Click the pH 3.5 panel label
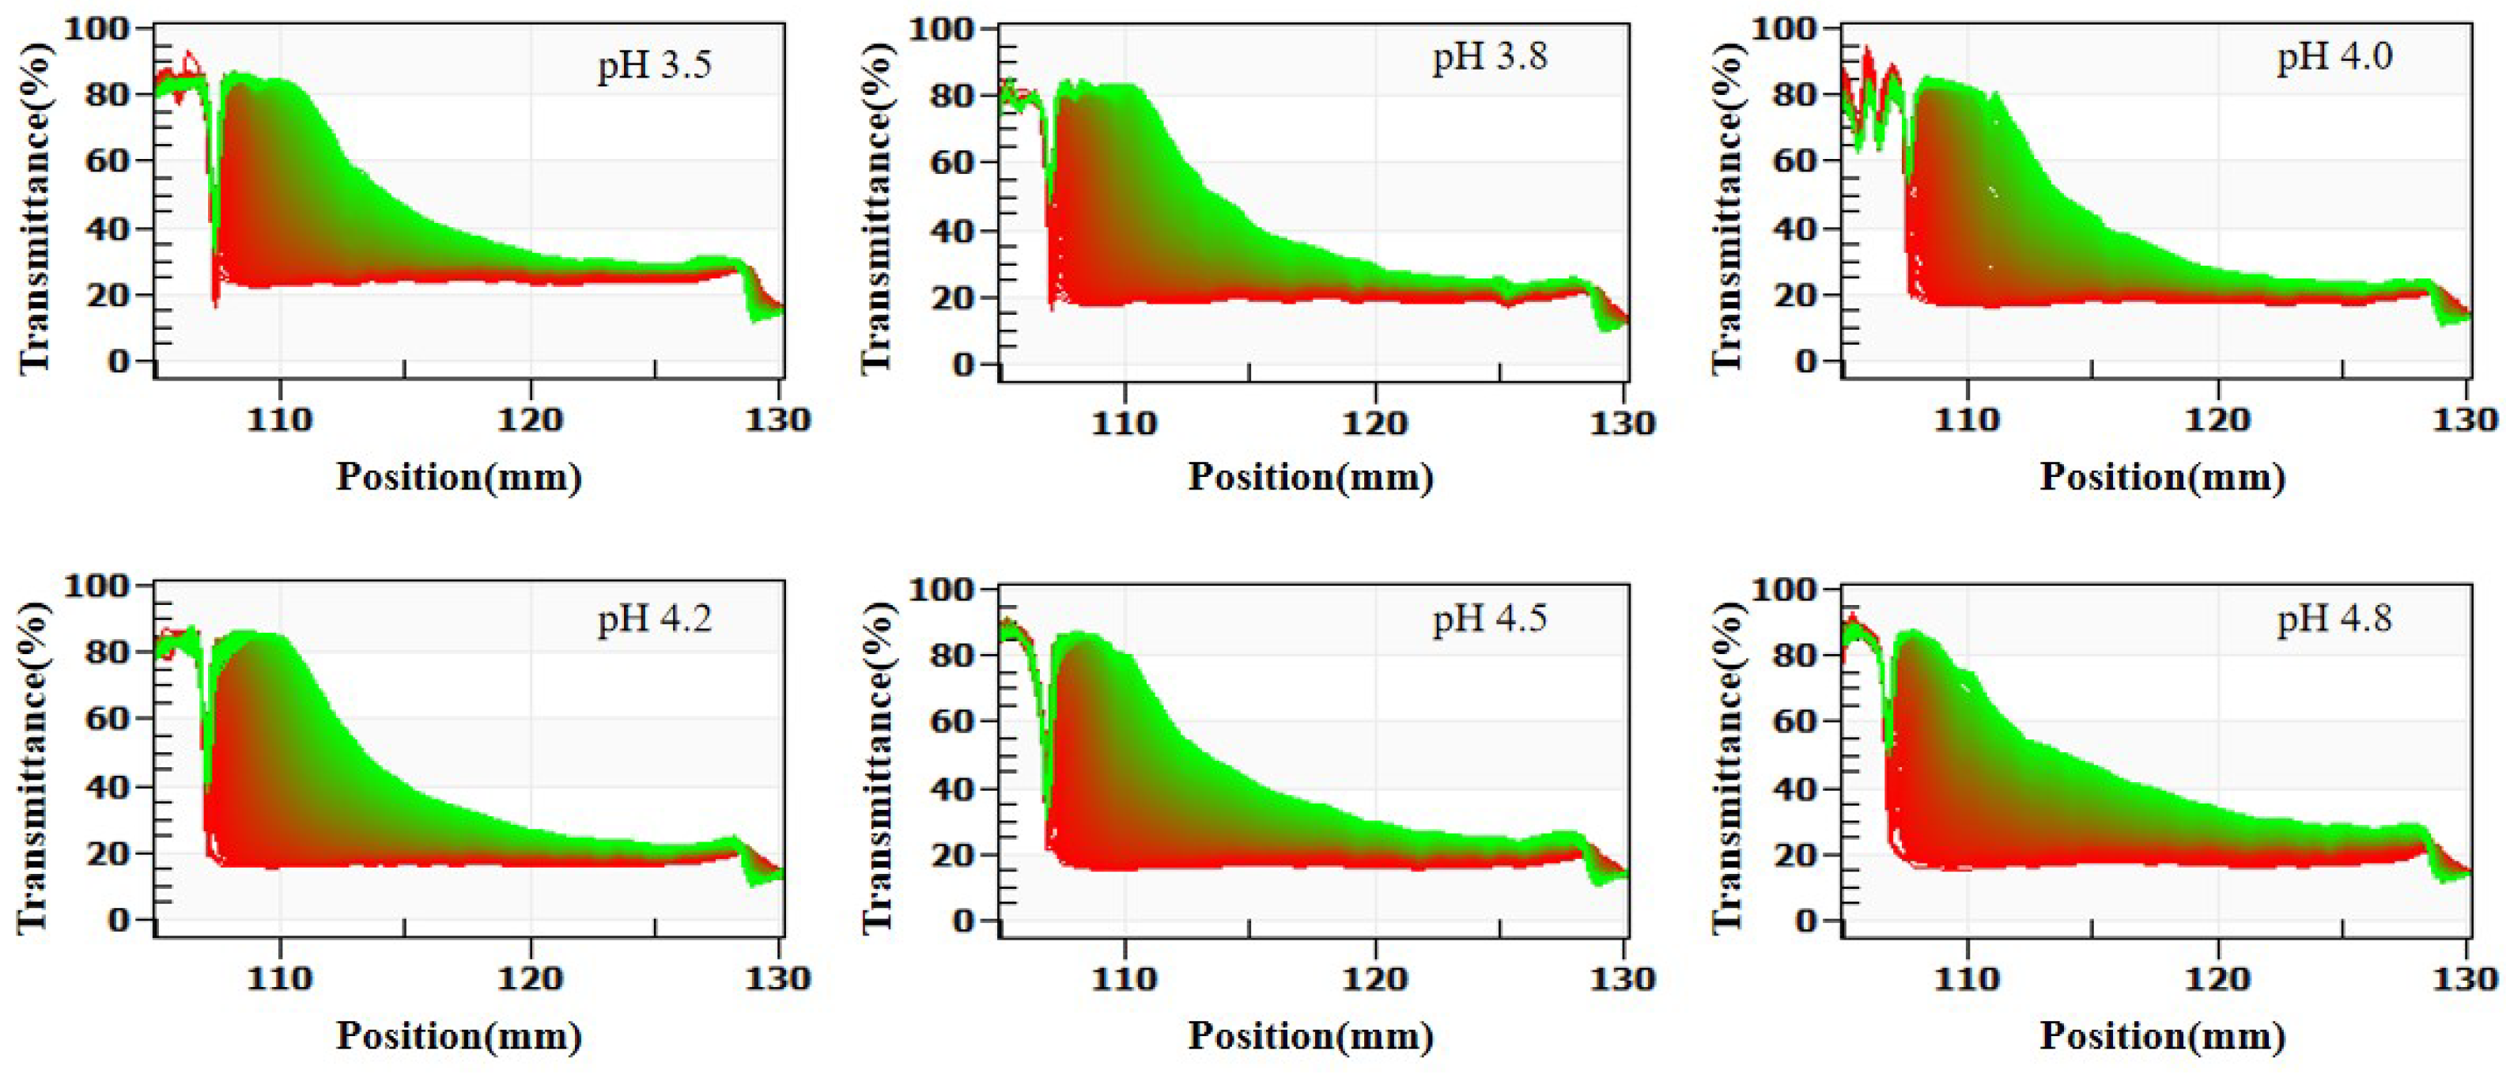coord(654,65)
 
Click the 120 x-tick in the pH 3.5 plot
coord(530,420)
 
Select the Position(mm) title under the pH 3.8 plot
coord(1310,478)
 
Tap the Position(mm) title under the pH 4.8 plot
coord(2162,1036)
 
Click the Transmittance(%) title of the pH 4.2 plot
coord(32,766)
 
